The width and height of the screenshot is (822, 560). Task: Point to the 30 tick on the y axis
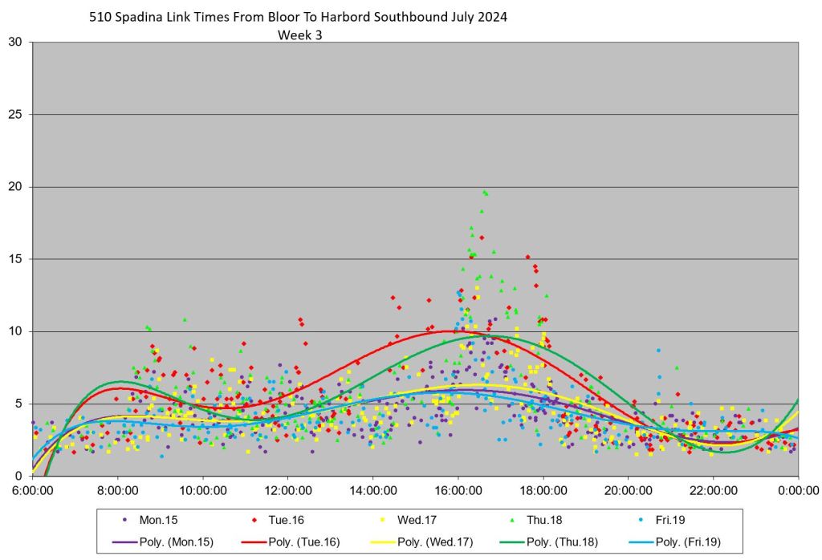[x=15, y=42]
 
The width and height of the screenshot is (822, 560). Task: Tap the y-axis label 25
[x=15, y=114]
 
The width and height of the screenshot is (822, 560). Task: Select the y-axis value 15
[x=15, y=259]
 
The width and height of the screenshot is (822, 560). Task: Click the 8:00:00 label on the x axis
[x=117, y=489]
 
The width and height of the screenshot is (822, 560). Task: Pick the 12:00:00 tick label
[x=287, y=489]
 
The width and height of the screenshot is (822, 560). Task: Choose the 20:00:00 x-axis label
[x=628, y=489]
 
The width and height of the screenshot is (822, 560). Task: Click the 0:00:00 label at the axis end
[x=798, y=489]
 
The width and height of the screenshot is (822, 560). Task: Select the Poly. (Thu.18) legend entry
[x=545, y=542]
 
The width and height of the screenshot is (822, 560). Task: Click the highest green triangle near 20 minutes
[x=483, y=192]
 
